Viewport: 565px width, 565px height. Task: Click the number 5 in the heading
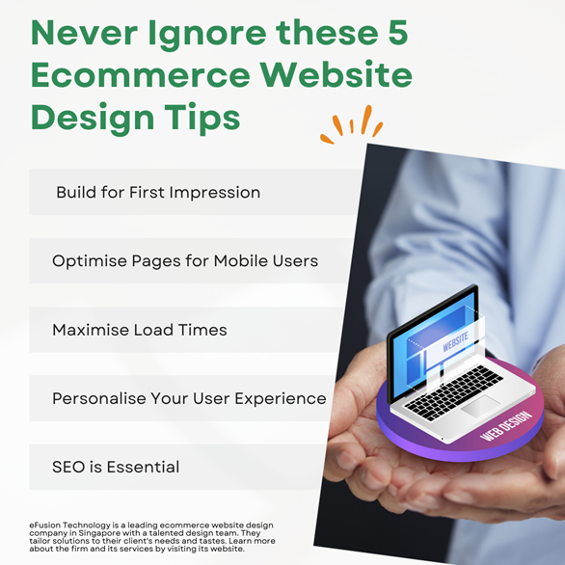tap(398, 33)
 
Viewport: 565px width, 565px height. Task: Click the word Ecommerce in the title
tap(141, 74)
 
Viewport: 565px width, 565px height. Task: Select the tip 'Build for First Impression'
tap(158, 192)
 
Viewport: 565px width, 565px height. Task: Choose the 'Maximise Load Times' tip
tap(140, 330)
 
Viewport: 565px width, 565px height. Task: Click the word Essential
tap(143, 467)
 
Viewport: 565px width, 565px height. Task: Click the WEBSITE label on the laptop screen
tap(455, 341)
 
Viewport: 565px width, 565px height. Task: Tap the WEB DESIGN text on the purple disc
tap(506, 425)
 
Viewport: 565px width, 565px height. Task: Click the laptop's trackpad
tap(481, 406)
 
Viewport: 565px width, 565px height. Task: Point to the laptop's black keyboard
tap(453, 392)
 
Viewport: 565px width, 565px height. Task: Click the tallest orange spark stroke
tap(366, 120)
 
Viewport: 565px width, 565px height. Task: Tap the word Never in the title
tap(84, 33)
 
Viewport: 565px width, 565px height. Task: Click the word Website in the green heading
tap(336, 74)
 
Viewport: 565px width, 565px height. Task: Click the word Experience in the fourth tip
tap(281, 399)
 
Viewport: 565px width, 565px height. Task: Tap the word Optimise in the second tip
tap(89, 261)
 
